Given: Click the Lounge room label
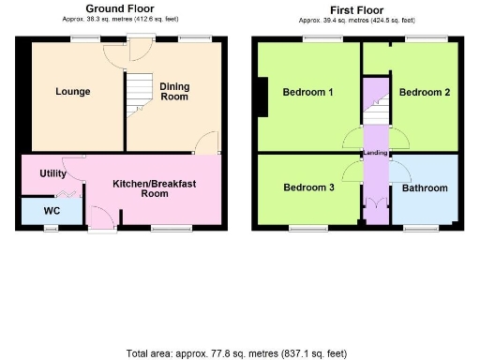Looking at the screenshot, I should click(x=72, y=92).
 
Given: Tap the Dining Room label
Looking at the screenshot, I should click(x=174, y=90).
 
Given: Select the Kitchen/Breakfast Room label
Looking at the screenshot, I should click(x=154, y=188).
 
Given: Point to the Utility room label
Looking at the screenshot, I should click(x=52, y=174).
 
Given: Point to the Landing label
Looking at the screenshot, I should click(x=377, y=154).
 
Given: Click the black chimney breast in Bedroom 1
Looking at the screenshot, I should click(x=262, y=97).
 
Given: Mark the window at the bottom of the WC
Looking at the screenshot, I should click(x=52, y=226).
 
